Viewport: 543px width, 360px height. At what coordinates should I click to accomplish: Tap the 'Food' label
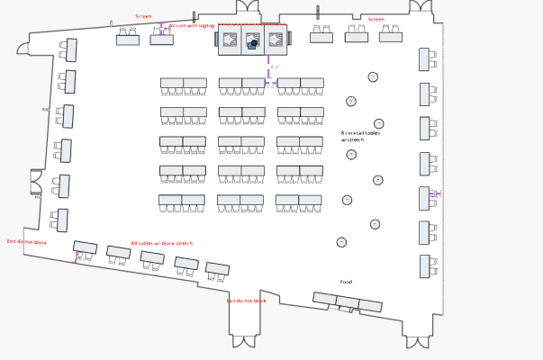pos(346,282)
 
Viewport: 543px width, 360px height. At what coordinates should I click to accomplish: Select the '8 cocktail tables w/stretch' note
pos(360,137)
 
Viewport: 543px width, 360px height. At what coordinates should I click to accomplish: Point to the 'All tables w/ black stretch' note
pos(161,243)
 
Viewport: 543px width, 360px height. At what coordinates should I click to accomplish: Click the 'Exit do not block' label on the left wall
pos(26,241)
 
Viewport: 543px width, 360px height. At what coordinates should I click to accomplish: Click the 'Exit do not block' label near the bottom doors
pos(246,301)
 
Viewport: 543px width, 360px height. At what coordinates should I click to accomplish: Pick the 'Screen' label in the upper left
pos(143,16)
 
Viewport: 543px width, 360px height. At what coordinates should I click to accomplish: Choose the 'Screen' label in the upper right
pos(376,19)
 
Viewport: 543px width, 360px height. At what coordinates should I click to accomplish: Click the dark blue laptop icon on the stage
pos(255,42)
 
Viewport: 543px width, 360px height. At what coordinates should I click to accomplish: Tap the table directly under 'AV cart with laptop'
pos(162,40)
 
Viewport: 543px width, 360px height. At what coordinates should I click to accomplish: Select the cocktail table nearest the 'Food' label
pos(341,242)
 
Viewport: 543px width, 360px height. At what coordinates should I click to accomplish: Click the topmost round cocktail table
pos(373,76)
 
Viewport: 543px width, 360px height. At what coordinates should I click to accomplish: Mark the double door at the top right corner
pos(421,7)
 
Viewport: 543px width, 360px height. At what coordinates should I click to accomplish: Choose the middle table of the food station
pos(348,302)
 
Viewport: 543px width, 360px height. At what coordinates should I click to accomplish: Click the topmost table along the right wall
pos(424,59)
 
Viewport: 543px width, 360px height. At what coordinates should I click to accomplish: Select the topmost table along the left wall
pos(71,49)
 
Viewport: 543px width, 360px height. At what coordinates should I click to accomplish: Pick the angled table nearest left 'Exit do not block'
pos(86,247)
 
